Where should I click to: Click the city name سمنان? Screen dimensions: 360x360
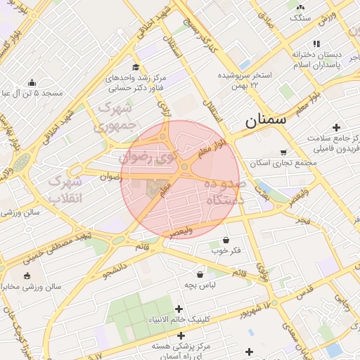pyautogui.click(x=266, y=120)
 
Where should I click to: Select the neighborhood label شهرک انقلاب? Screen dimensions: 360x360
pyautogui.click(x=65, y=190)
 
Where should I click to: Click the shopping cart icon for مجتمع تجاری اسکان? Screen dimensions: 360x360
pyautogui.click(x=283, y=152)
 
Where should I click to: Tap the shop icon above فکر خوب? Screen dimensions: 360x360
pyautogui.click(x=226, y=239)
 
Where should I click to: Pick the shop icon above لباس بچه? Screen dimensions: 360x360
pyautogui.click(x=200, y=274)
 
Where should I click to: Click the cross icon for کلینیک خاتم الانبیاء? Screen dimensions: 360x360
pyautogui.click(x=179, y=309)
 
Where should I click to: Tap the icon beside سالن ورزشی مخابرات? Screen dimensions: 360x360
pyautogui.click(x=27, y=276)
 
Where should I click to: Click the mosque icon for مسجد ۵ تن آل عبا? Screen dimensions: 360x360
pyautogui.click(x=32, y=82)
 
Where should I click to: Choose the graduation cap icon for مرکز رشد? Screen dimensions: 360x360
pyautogui.click(x=135, y=67)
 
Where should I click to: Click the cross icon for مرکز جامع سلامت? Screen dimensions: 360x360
pyautogui.click(x=336, y=127)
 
